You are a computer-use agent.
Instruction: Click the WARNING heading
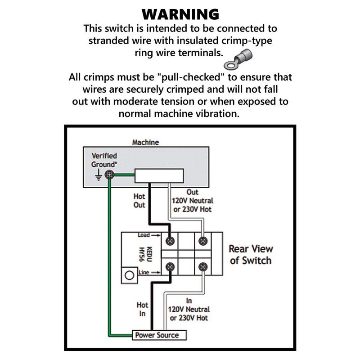coord(180,14)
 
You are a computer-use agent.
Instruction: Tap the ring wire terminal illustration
coord(238,60)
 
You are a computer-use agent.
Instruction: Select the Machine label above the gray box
coord(145,142)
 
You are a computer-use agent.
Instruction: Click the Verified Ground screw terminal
coord(109,175)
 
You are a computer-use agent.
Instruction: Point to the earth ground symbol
coord(99,175)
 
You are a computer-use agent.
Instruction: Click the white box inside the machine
coord(159,176)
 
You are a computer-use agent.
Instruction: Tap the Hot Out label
coord(139,201)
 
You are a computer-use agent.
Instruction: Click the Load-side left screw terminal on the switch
coord(170,241)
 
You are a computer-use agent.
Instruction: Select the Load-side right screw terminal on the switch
coord(203,241)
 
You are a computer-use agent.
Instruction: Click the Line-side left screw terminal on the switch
coord(170,267)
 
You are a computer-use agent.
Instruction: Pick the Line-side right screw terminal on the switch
coord(203,267)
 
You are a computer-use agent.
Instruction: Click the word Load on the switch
coord(144,235)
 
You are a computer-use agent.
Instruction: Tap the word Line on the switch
coord(144,272)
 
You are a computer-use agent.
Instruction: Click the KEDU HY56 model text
coord(145,254)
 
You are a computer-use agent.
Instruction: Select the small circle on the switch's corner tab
coord(129,275)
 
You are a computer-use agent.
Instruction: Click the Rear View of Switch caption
coord(251,255)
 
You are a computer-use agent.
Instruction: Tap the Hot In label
coord(142,309)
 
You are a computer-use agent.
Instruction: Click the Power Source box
coord(159,335)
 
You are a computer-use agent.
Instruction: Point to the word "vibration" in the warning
coord(216,114)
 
